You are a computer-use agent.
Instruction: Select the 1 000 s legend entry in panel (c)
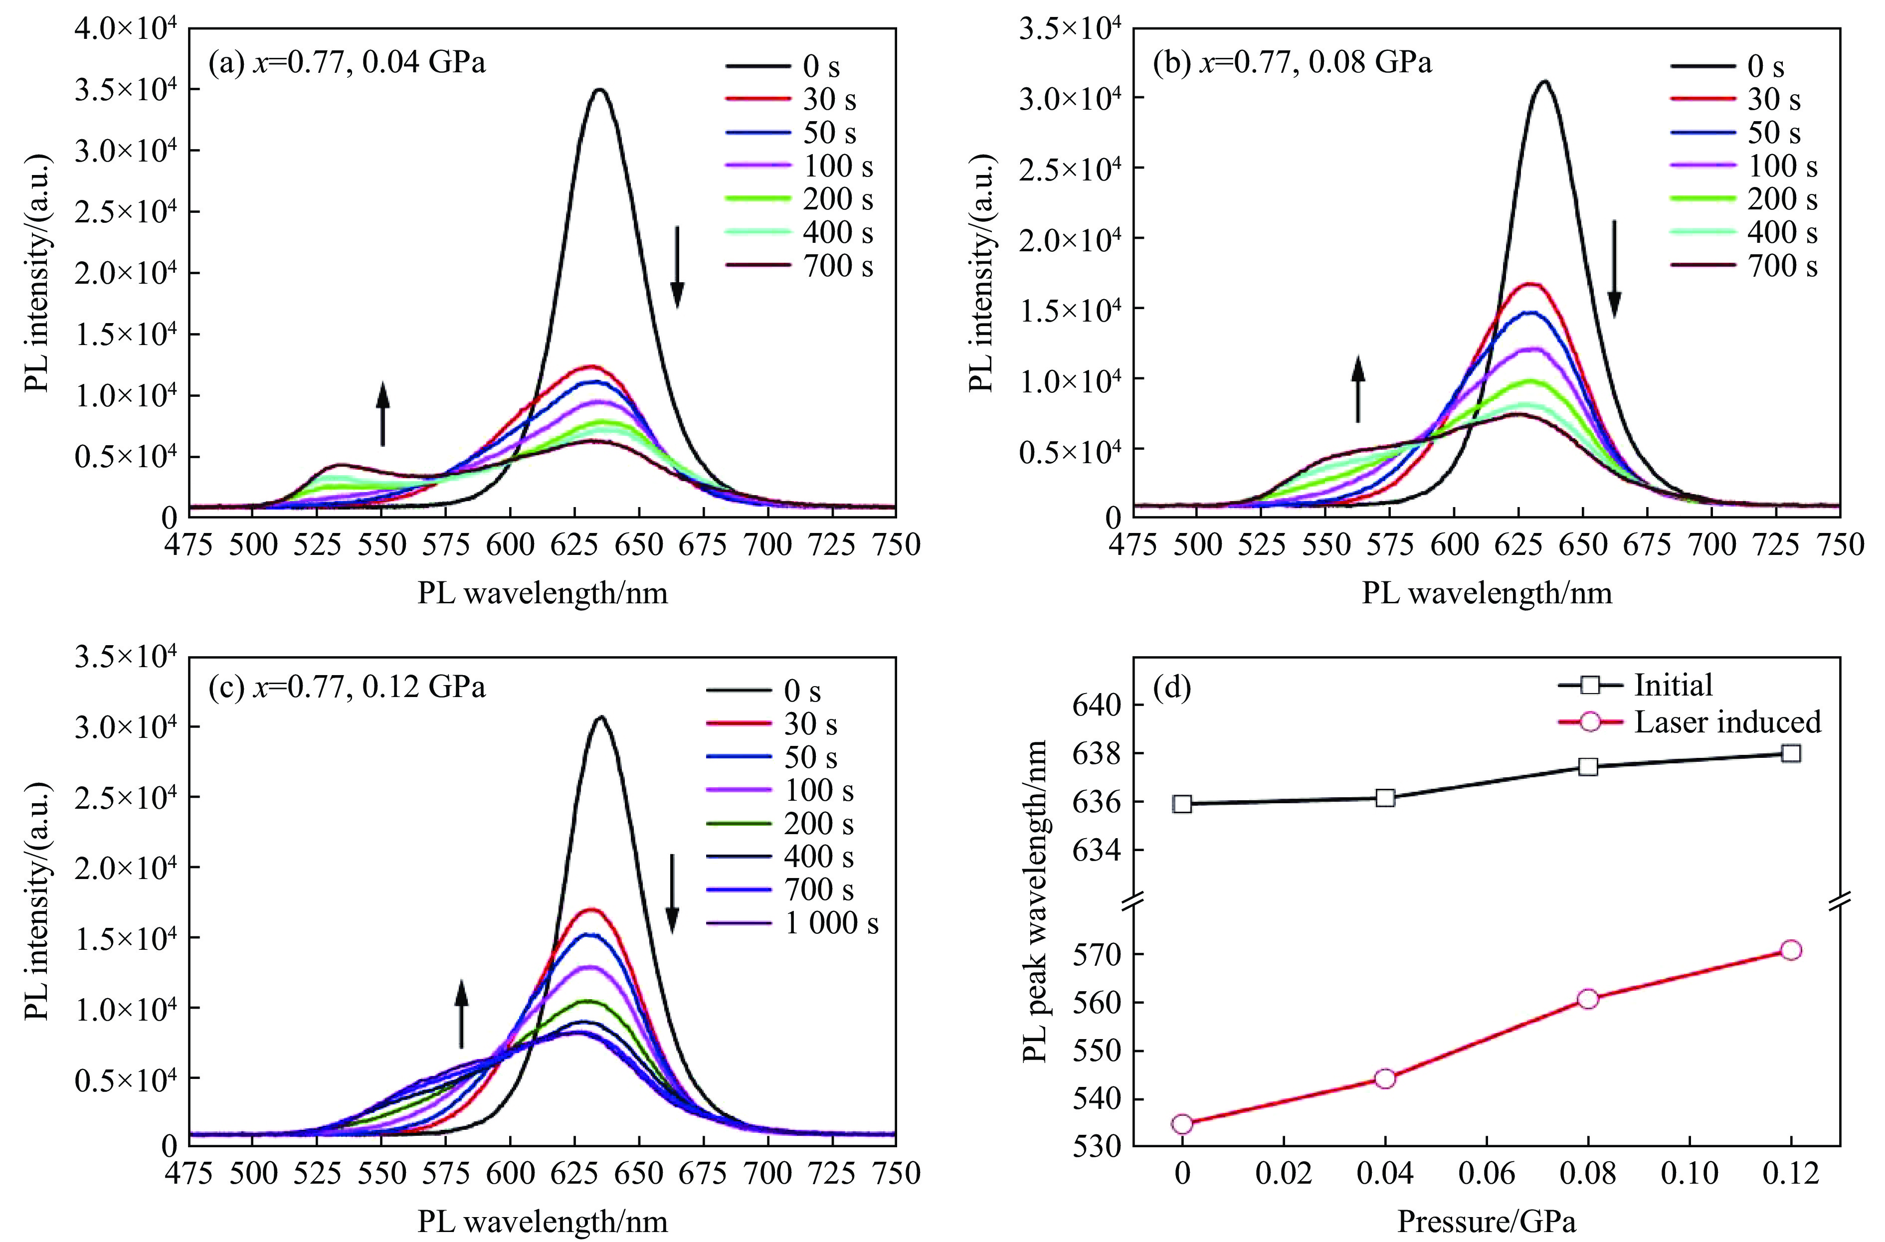(792, 923)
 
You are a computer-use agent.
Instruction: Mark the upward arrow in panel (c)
(461, 1014)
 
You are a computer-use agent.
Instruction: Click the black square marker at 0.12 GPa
(1791, 753)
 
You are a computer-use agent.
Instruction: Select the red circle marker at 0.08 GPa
(1587, 999)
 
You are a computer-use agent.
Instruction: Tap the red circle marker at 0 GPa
(1182, 1123)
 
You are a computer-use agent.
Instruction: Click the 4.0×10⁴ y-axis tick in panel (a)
(126, 29)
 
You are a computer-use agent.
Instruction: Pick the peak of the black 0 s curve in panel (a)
(599, 90)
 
